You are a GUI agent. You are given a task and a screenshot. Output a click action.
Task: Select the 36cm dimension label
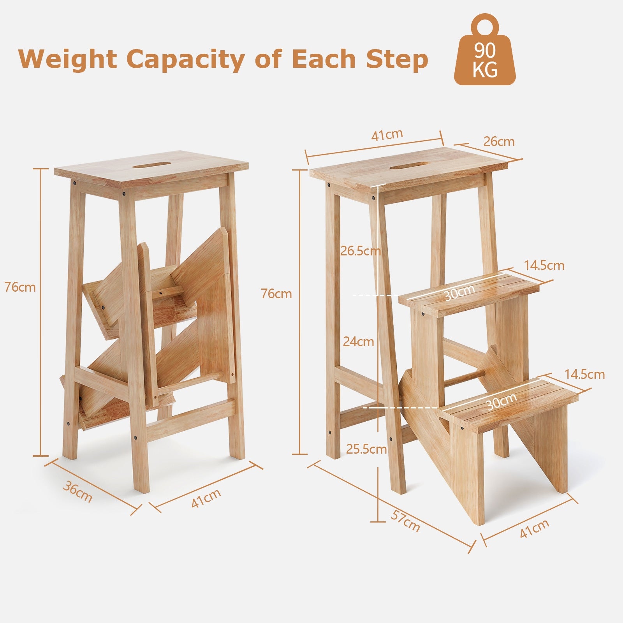pyautogui.click(x=78, y=492)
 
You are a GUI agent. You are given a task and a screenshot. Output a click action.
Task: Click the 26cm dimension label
pyautogui.click(x=499, y=141)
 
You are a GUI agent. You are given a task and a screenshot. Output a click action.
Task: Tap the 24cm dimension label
pyautogui.click(x=358, y=341)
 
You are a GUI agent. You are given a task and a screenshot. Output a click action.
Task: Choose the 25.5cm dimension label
pyautogui.click(x=366, y=449)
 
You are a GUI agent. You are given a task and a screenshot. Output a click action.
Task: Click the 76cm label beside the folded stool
pyautogui.click(x=20, y=287)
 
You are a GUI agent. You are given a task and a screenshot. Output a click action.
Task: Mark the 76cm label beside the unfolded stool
pyautogui.click(x=276, y=294)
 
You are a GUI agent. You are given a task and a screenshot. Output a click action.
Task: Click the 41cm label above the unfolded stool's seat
pyautogui.click(x=387, y=135)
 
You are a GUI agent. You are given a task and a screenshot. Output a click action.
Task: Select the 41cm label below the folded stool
pyautogui.click(x=206, y=498)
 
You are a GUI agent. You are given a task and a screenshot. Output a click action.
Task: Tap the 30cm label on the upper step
pyautogui.click(x=460, y=293)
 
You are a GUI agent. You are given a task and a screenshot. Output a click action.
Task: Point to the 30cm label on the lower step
pyautogui.click(x=502, y=401)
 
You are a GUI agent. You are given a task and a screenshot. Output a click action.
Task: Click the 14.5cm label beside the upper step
pyautogui.click(x=544, y=266)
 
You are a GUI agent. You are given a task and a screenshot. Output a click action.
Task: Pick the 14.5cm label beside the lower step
pyautogui.click(x=585, y=375)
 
